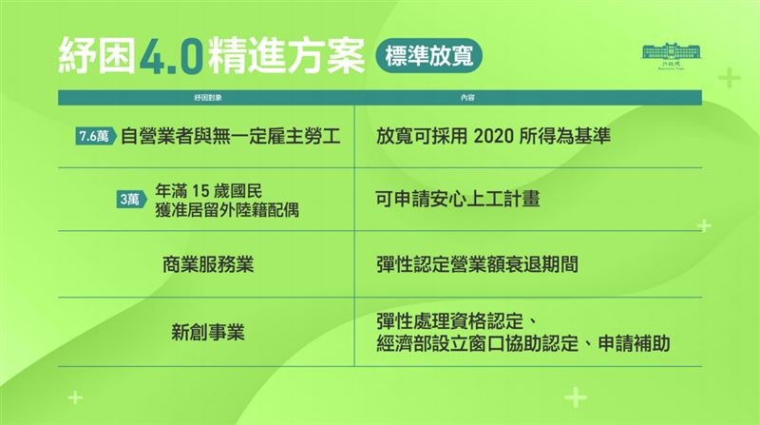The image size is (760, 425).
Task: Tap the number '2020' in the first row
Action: click(x=497, y=137)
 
